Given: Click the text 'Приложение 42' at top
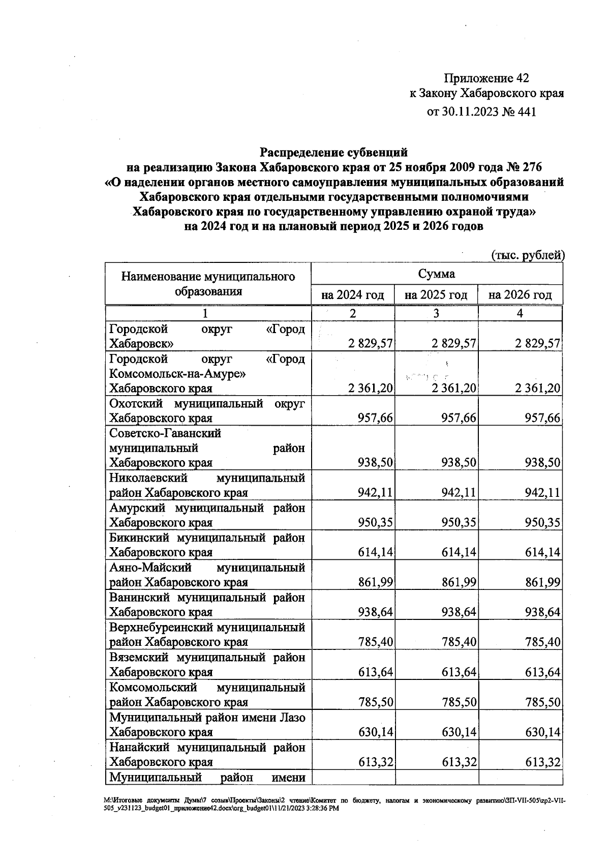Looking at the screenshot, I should [x=486, y=78].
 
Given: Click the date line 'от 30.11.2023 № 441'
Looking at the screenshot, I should [x=481, y=112].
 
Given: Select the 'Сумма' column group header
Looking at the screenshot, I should [x=436, y=274].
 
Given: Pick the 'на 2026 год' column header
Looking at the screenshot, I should [x=520, y=295].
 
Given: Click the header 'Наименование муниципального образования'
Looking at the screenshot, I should [x=208, y=284].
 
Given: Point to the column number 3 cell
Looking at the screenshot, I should [x=436, y=313].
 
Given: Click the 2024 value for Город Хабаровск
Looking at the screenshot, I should [x=371, y=343].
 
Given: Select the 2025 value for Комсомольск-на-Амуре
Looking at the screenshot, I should [x=454, y=389].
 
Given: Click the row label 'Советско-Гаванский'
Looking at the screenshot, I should [x=165, y=434].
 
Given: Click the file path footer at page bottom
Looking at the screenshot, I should [x=333, y=804].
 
